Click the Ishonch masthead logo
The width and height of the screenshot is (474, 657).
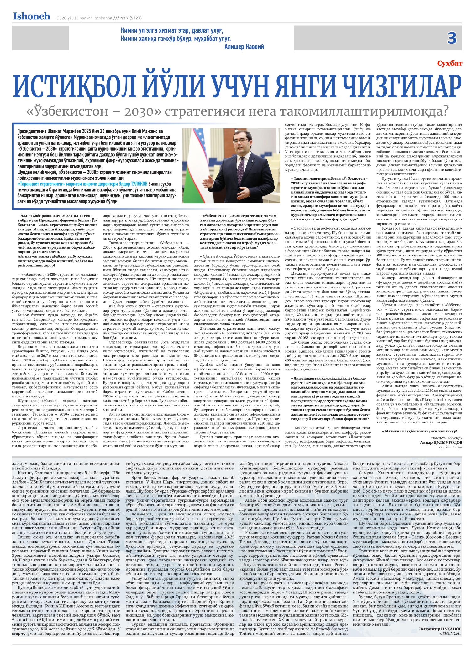[x=32, y=16]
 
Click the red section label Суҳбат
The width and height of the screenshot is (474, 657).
[x=450, y=64]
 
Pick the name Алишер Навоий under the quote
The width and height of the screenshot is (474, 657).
[x=244, y=47]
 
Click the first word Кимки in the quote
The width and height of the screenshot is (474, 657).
[x=129, y=31]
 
